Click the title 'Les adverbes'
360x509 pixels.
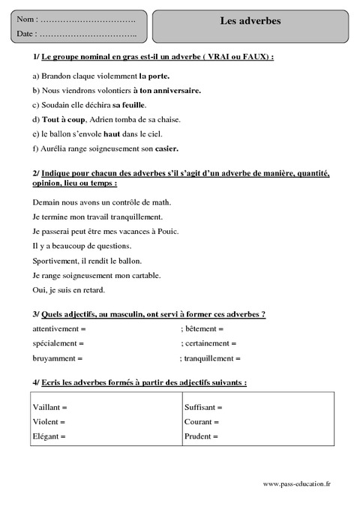[250, 21]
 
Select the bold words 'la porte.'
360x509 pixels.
[154, 76]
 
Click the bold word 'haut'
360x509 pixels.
[112, 133]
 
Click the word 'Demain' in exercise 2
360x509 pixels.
[46, 202]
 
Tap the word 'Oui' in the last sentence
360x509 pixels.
[40, 289]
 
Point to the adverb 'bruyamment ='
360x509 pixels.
[58, 358]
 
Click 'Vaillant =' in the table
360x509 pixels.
[50, 407]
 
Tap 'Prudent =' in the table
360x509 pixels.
[200, 436]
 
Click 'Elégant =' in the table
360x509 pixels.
[49, 436]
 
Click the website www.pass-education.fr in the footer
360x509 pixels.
[297, 485]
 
